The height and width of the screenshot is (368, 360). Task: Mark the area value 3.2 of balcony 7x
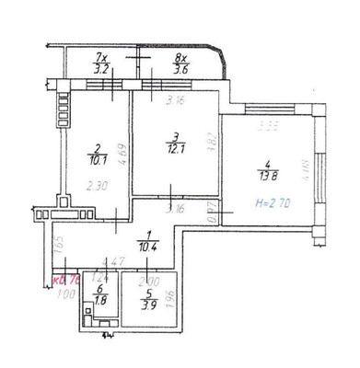(102, 68)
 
